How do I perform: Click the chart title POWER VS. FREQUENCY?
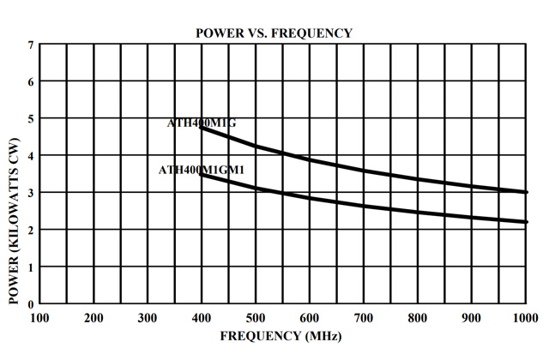tap(274, 33)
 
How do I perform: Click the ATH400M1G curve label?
tap(201, 123)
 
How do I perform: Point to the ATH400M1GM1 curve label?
tap(202, 170)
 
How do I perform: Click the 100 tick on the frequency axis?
tap(39, 317)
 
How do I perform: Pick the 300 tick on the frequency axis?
tap(148, 317)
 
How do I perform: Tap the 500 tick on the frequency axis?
tap(256, 317)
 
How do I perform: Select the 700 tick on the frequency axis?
tap(364, 317)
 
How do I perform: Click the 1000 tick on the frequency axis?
tap(524, 317)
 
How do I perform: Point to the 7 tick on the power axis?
tap(31, 45)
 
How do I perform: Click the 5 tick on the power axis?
tap(31, 118)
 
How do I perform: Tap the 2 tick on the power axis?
tap(31, 230)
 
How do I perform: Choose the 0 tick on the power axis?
tap(31, 303)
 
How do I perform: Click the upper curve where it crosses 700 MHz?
tap(364, 171)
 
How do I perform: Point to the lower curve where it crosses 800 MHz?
tap(418, 212)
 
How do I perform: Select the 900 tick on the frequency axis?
tap(472, 317)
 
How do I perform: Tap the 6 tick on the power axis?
tap(31, 81)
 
